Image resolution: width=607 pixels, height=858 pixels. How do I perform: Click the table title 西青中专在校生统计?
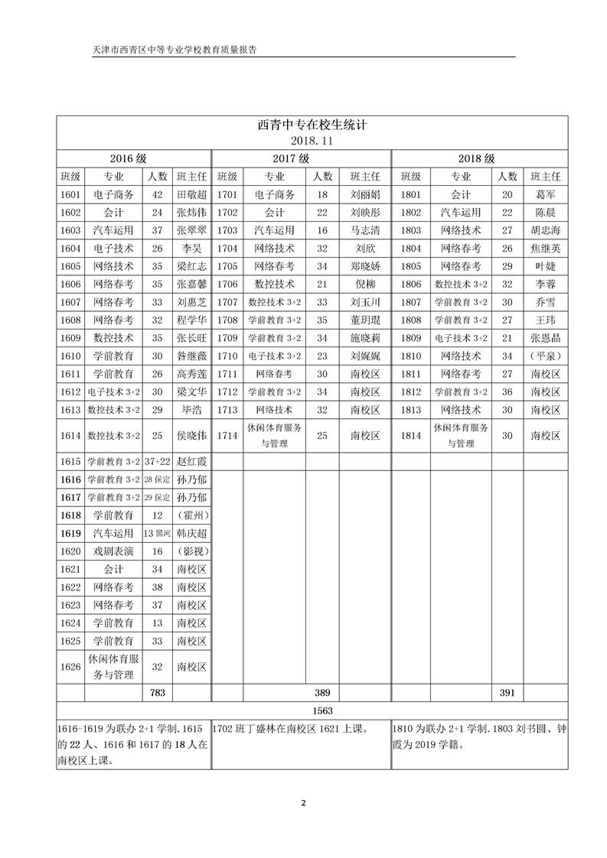tap(312, 125)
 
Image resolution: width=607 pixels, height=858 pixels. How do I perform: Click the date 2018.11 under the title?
tap(312, 141)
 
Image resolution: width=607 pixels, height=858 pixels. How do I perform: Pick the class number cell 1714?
tap(227, 435)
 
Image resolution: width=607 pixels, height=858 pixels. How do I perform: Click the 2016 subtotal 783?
tap(158, 692)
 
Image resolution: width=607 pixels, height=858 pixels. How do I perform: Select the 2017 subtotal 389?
tap(322, 692)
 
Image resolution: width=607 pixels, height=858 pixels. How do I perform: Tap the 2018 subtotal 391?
tap(507, 692)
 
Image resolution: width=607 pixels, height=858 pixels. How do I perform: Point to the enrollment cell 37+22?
tap(158, 462)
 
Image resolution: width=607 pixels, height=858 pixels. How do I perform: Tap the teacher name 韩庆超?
tap(191, 533)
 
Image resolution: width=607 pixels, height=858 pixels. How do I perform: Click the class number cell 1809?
tap(411, 337)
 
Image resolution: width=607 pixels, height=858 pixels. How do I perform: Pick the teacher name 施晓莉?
tap(365, 337)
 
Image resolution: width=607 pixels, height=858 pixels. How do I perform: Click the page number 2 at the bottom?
tap(304, 803)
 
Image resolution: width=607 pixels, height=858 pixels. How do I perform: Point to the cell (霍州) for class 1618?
tap(191, 515)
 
